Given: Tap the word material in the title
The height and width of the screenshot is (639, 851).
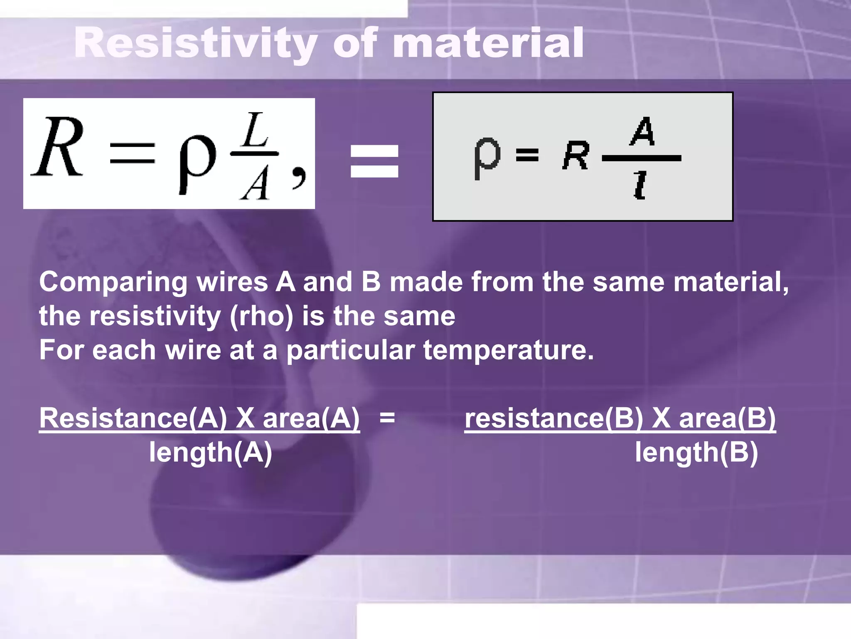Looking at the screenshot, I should point(488,43).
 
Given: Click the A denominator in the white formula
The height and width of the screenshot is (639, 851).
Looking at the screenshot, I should point(254,183).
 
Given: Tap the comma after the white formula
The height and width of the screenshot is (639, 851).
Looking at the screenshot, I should point(299,177).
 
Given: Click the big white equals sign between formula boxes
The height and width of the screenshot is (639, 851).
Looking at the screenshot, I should point(374,161).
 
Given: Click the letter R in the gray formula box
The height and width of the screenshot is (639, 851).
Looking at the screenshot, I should point(576,156).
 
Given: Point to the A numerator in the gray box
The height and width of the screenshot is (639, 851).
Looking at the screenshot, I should point(642,131).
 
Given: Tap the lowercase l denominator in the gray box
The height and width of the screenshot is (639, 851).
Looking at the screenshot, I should point(640,186).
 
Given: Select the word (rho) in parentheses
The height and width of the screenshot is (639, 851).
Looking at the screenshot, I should point(261,317).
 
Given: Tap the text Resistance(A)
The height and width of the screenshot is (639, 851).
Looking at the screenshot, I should point(133,418).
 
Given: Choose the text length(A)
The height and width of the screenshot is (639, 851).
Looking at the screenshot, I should point(211,452).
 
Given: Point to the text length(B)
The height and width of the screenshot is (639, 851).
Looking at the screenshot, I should point(696,452).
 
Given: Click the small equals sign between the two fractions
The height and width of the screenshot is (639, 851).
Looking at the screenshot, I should point(387,417).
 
